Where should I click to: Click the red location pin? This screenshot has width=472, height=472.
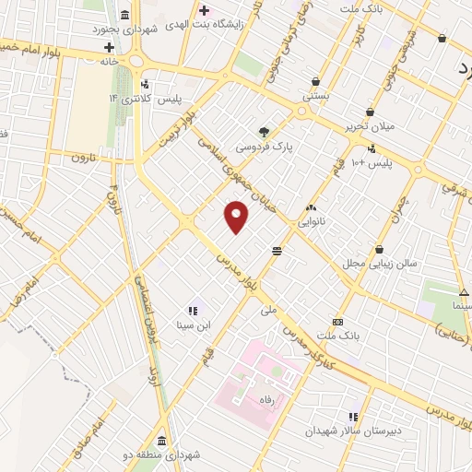coord(237,217)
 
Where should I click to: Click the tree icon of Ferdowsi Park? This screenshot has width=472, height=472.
coord(265,131)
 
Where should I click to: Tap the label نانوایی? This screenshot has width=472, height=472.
coord(311,222)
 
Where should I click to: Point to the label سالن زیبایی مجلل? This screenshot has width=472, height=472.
coord(380,264)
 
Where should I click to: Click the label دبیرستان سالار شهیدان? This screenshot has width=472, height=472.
coord(352,431)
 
